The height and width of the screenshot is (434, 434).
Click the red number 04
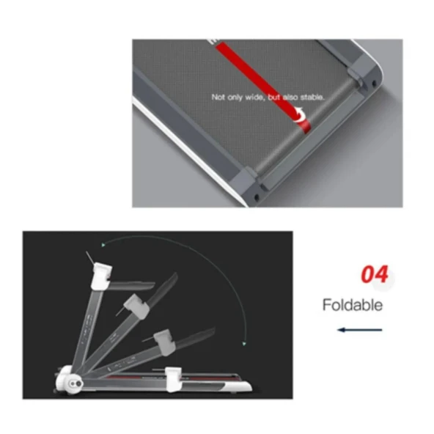375,274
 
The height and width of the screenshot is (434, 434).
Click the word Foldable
353,305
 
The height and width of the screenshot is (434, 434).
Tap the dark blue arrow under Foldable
359,330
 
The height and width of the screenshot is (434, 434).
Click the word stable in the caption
312,98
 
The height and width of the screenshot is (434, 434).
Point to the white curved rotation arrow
300,114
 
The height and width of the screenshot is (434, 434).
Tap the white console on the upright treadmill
101,276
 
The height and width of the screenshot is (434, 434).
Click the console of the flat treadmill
174,379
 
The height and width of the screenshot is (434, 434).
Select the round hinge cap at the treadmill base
75,383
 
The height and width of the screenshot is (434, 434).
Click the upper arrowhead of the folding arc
103,245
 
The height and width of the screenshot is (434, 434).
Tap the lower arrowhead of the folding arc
244,344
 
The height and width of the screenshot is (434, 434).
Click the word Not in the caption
218,98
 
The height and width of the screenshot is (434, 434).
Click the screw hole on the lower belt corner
256,197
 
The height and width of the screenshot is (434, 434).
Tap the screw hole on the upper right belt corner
374,83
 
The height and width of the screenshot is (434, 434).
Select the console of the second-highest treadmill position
137,306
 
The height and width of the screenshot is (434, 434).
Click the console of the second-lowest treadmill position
165,342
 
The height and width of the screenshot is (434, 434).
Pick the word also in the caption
290,98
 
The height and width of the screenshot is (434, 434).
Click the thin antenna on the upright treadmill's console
90,258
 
